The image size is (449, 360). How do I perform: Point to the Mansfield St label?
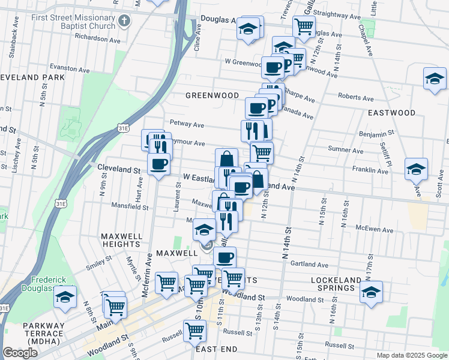[x=130, y=207]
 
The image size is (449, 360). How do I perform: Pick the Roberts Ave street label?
[x=355, y=98]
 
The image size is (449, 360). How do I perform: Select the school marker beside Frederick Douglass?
[x=65, y=297]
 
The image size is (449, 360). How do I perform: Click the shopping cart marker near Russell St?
[x=194, y=329]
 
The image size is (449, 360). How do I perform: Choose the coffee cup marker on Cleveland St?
[x=158, y=164]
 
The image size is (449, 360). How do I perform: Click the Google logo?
[x=20, y=353]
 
